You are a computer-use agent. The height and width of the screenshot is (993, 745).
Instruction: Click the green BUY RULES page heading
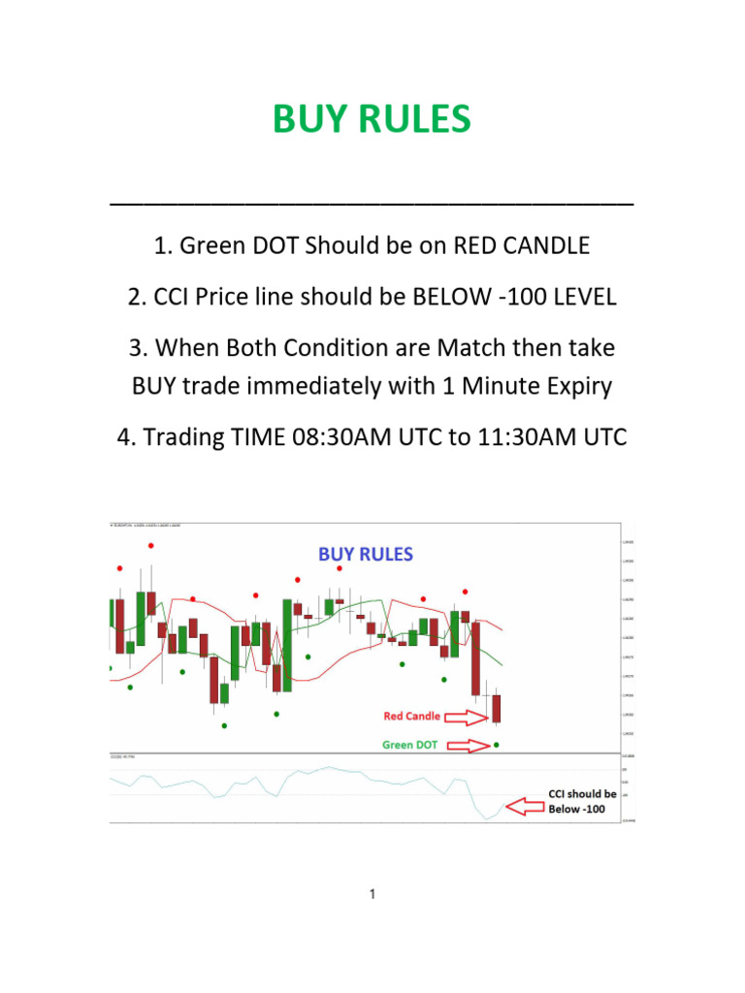click(372, 119)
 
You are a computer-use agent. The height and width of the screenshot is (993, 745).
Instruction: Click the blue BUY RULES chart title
click(366, 555)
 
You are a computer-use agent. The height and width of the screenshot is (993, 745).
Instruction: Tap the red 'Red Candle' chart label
click(411, 717)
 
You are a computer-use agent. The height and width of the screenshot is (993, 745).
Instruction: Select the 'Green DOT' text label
click(411, 746)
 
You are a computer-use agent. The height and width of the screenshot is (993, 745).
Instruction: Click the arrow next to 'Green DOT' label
click(468, 746)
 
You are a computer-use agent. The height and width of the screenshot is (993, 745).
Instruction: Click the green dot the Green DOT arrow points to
click(497, 745)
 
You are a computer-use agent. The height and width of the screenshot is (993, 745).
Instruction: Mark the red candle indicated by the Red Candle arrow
click(497, 710)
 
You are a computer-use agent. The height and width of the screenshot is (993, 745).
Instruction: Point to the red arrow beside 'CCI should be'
click(525, 806)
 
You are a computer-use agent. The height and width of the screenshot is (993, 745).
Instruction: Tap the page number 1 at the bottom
click(372, 894)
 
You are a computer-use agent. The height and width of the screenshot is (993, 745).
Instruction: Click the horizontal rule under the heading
click(372, 203)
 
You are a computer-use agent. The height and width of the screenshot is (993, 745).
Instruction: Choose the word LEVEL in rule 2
click(582, 297)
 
